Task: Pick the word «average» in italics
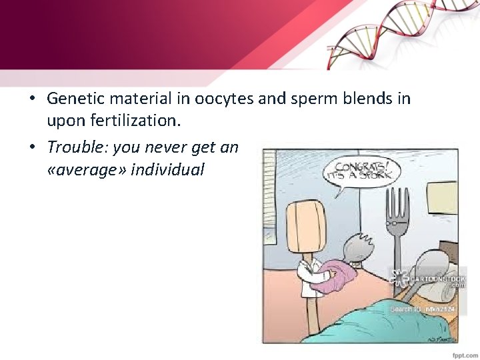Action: [87, 169]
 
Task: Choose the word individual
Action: [168, 169]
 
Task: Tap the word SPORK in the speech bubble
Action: [377, 175]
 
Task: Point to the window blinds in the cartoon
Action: [269, 200]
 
